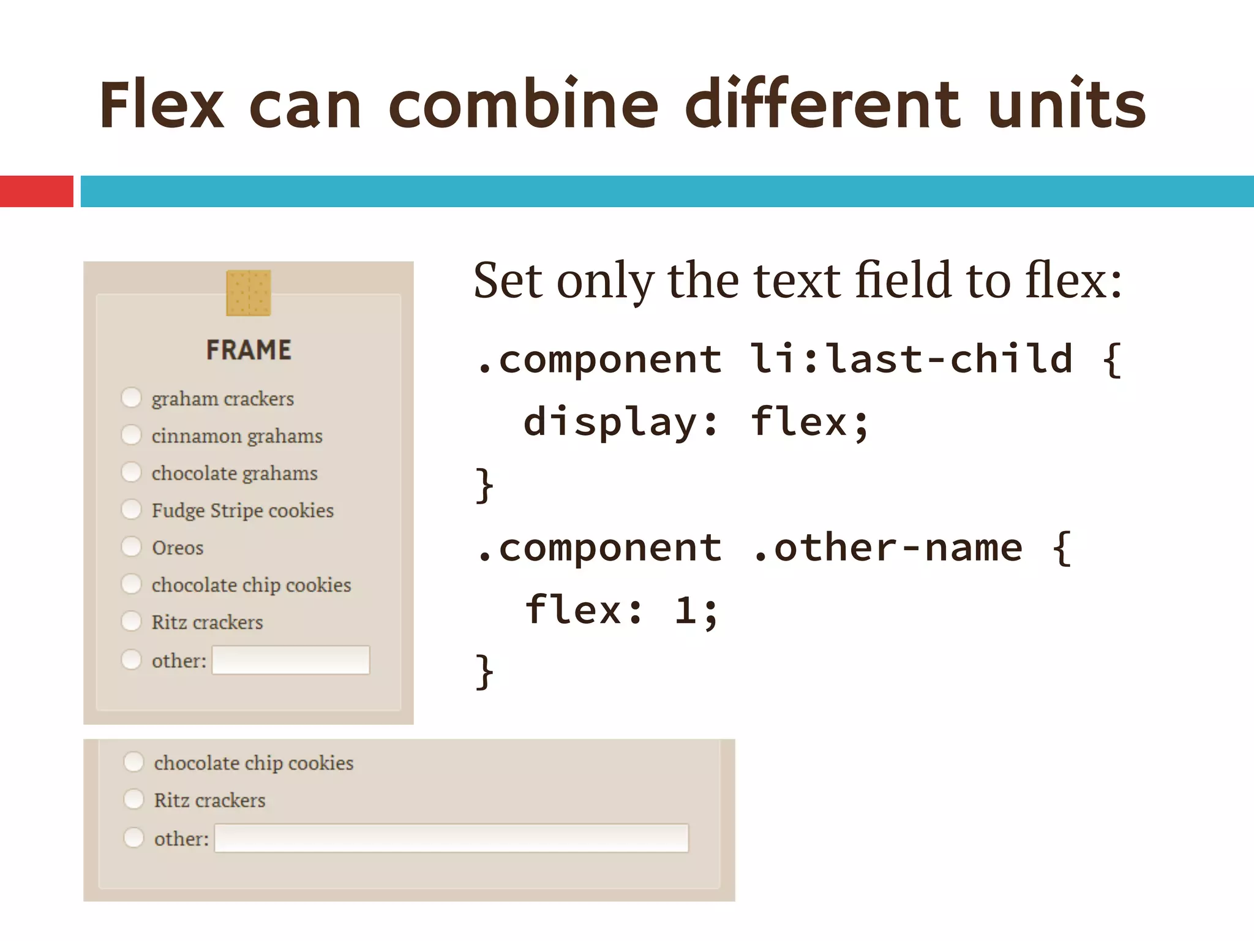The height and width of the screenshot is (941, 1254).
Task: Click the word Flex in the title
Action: [162, 105]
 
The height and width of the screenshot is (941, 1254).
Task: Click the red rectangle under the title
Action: [36, 191]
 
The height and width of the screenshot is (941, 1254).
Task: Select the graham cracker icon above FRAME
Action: [248, 293]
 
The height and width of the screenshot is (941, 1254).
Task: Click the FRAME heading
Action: [249, 350]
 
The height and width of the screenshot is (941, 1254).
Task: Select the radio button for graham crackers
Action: [131, 397]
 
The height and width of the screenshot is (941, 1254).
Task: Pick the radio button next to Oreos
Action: [131, 546]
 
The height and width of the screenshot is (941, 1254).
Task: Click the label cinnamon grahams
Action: [237, 436]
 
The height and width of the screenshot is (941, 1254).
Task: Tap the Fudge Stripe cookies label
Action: [242, 510]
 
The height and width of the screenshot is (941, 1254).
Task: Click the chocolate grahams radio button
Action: [131, 472]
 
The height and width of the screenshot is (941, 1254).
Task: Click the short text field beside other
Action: [291, 660]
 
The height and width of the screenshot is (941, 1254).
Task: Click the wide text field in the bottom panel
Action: [451, 838]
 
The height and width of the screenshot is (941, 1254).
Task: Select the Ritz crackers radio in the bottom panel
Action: [133, 799]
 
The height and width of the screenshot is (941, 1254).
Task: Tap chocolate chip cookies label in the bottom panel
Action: [253, 763]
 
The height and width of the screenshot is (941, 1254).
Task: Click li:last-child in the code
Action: [911, 358]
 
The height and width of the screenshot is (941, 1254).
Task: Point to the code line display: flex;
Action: [696, 422]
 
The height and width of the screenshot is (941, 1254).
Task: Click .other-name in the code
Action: [887, 547]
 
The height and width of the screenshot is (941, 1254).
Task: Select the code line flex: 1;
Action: [621, 610]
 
